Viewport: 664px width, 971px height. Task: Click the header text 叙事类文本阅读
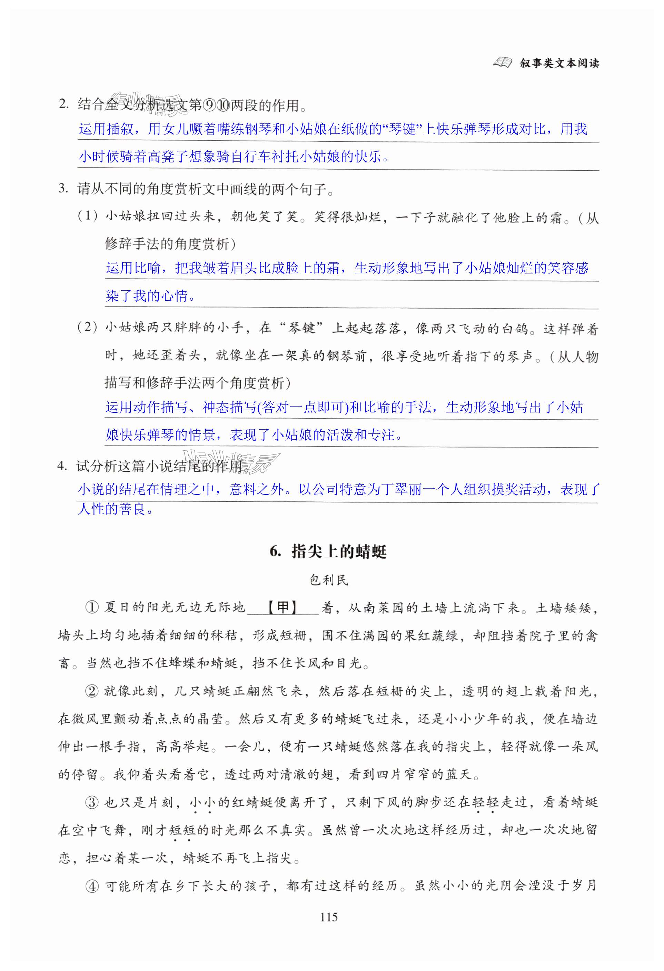tap(559, 63)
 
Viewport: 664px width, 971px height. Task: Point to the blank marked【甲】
tap(283, 608)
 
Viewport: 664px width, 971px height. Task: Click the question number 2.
tap(64, 104)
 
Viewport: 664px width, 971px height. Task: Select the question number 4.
tap(62, 466)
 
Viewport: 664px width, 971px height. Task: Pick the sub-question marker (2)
tap(88, 327)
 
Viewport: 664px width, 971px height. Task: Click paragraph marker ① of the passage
tap(92, 608)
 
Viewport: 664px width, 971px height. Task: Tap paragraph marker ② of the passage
tap(92, 691)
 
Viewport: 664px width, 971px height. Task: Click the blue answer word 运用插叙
tap(106, 129)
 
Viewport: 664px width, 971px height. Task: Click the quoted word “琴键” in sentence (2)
tap(302, 328)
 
